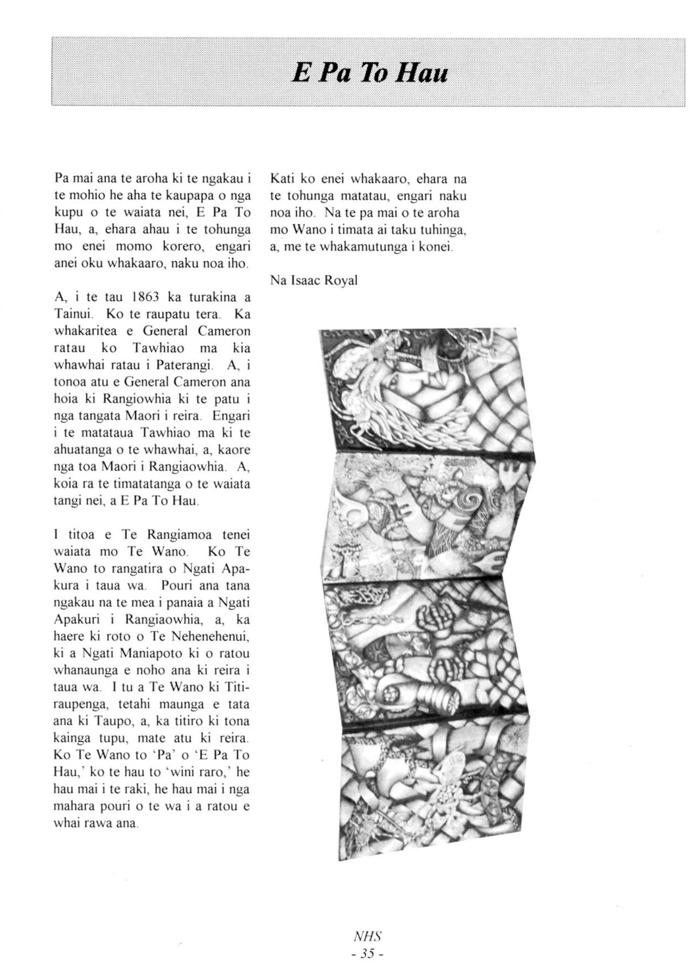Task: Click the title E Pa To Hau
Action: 370,72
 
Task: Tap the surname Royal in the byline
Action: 341,281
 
